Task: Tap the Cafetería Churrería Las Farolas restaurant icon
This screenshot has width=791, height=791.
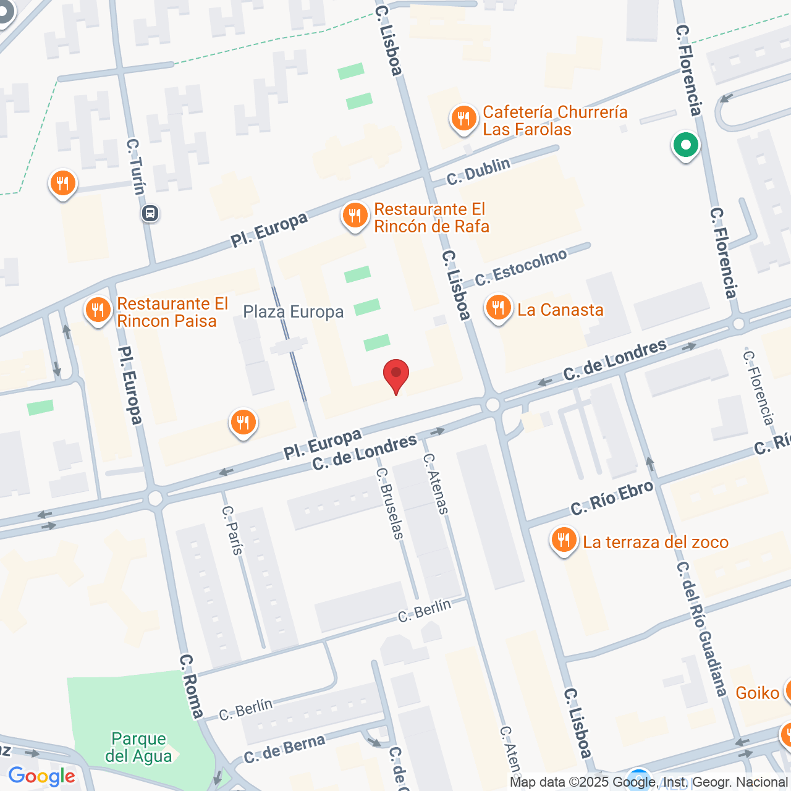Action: pyautogui.click(x=463, y=119)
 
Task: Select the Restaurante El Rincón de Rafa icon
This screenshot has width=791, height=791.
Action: pyautogui.click(x=355, y=216)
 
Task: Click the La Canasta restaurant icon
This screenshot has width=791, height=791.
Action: pyautogui.click(x=498, y=308)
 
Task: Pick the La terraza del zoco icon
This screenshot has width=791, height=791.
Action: pyautogui.click(x=564, y=541)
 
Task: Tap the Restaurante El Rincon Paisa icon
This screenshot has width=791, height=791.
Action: pyautogui.click(x=98, y=311)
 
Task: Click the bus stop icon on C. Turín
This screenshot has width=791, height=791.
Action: pyautogui.click(x=150, y=214)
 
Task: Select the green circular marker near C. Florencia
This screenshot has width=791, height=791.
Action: pyautogui.click(x=685, y=146)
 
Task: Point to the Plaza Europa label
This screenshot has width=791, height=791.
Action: pyautogui.click(x=293, y=312)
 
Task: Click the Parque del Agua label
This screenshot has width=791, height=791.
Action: pyautogui.click(x=138, y=747)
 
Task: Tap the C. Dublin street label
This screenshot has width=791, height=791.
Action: pyautogui.click(x=478, y=171)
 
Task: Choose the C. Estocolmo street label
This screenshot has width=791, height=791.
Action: pyautogui.click(x=521, y=267)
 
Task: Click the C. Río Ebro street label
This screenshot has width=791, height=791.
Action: pyautogui.click(x=612, y=497)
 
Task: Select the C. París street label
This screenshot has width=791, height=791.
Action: pyautogui.click(x=233, y=530)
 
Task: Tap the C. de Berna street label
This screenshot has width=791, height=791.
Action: pyautogui.click(x=284, y=749)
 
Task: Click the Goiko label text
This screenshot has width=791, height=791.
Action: pyautogui.click(x=757, y=693)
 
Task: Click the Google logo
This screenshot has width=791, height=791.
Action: pyautogui.click(x=42, y=776)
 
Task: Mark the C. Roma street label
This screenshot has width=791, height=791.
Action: pyautogui.click(x=191, y=687)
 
